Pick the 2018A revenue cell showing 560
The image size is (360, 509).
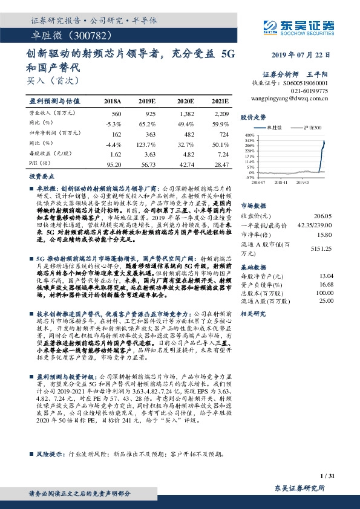click(117, 114)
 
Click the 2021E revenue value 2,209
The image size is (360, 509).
click(221, 114)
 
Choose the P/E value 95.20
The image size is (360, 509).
click(114, 164)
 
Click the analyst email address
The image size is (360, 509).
click(289, 97)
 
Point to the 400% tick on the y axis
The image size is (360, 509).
click(249, 135)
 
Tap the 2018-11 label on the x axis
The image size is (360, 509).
click(281, 181)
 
